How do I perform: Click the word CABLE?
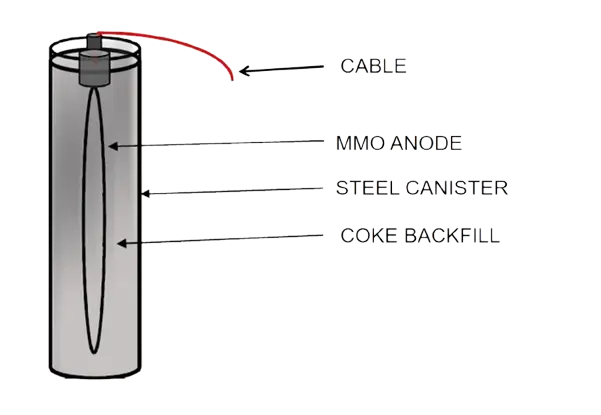[x=373, y=67]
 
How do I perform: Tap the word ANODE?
[x=426, y=143]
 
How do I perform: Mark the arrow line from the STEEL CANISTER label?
[x=240, y=190]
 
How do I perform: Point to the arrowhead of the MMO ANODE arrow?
[x=113, y=146]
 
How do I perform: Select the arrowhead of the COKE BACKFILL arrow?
[x=121, y=241]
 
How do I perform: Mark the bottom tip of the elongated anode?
[x=95, y=352]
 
